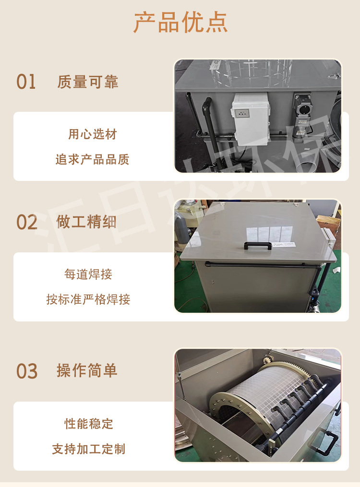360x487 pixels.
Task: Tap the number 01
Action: point(26,82)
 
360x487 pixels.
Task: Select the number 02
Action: point(27,223)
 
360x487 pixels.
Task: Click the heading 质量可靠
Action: point(87,82)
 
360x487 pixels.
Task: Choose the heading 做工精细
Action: point(86,222)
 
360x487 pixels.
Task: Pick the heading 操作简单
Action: point(87,371)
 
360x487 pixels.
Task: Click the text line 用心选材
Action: point(93,134)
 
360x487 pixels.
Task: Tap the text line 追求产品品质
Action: point(92,160)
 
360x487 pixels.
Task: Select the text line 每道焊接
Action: point(88,274)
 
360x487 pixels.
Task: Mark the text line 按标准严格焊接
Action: point(88,300)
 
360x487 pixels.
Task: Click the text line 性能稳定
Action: point(89,424)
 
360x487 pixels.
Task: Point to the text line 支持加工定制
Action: point(89,450)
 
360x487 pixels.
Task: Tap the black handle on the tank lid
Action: point(258,246)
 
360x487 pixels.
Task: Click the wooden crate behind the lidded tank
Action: point(329,226)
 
